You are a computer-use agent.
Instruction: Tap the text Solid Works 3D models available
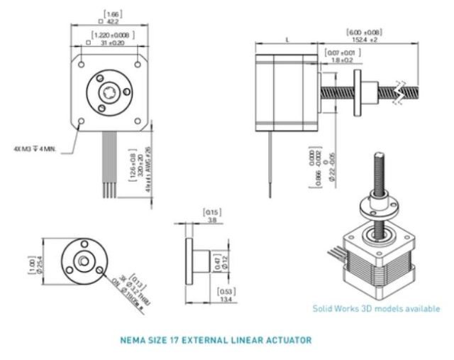click(376, 309)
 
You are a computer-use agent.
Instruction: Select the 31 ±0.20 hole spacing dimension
click(112, 43)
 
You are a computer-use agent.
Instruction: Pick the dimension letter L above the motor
click(287, 40)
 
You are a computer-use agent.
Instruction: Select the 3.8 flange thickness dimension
click(211, 220)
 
